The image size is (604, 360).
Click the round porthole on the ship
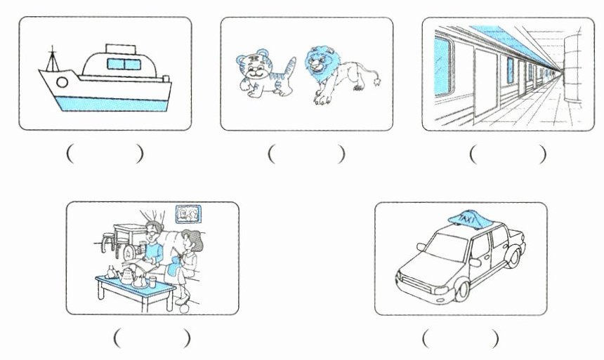point(62,83)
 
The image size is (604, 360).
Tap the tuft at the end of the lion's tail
point(379,81)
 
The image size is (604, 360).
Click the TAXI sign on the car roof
point(467,219)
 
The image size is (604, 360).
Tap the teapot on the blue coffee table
point(127,276)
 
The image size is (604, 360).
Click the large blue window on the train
point(442,66)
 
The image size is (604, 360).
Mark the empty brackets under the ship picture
point(105,154)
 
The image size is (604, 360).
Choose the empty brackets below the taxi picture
point(461,339)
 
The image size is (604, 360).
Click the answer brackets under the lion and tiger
point(306,154)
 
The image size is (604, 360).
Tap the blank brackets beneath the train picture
point(508,154)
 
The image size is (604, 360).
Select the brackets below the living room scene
point(152,339)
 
